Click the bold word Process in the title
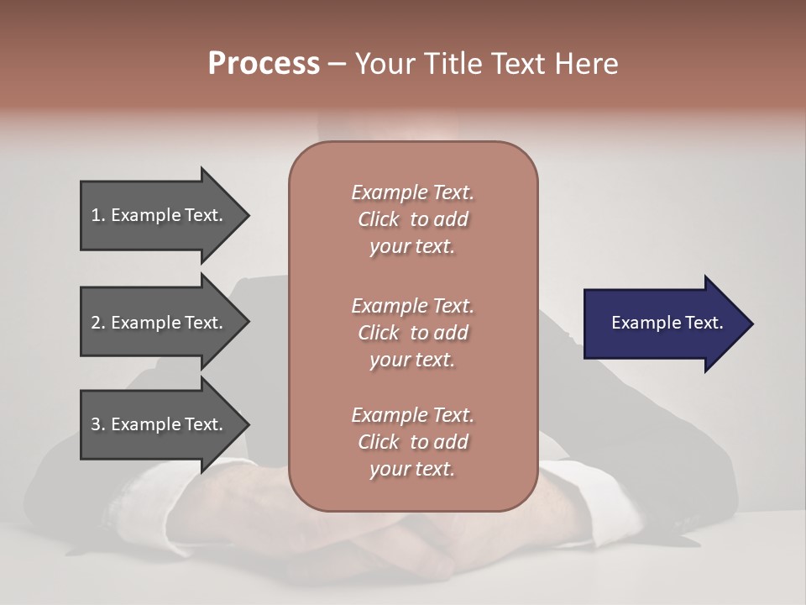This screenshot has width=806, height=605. point(264,64)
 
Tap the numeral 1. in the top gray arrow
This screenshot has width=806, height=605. point(98,216)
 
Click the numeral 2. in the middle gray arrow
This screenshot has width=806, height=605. point(98,323)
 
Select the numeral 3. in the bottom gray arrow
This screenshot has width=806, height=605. point(98,425)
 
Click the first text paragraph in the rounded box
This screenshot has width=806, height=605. point(412,219)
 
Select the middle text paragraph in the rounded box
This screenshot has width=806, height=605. point(412,333)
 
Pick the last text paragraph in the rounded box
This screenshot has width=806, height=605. point(412,442)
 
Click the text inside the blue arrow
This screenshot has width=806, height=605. point(667,323)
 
